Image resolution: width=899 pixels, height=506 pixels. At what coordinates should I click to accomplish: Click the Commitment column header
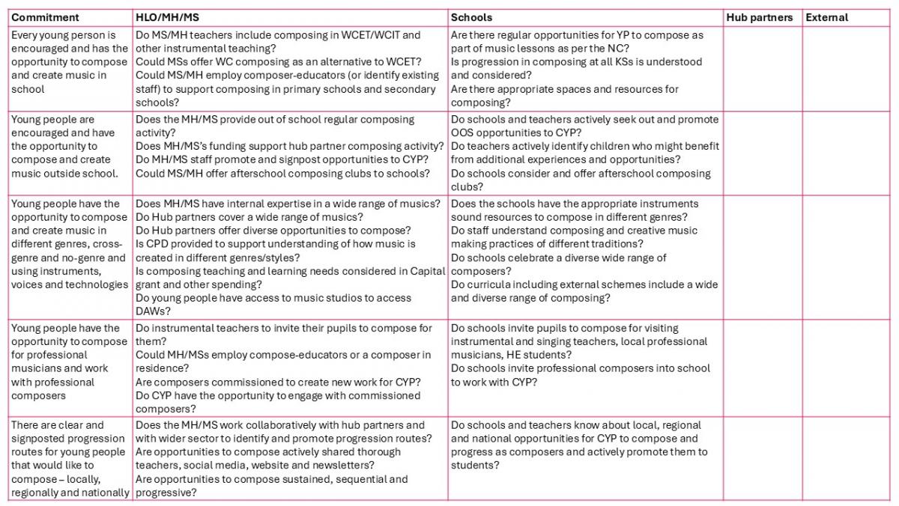pyautogui.click(x=46, y=17)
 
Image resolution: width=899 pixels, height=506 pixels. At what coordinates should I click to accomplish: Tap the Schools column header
pyautogui.click(x=472, y=17)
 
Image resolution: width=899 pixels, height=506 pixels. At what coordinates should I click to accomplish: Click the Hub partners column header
pyautogui.click(x=759, y=17)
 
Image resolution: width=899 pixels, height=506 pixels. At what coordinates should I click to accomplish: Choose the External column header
pyautogui.click(x=827, y=17)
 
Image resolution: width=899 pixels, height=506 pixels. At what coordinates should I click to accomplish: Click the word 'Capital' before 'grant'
pyautogui.click(x=428, y=271)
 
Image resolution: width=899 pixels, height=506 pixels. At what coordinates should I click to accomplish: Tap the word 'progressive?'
pyautogui.click(x=166, y=493)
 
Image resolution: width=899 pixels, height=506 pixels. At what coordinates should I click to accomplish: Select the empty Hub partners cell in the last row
pyautogui.click(x=762, y=459)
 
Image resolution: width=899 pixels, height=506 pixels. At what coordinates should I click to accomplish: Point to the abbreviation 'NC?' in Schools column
pyautogui.click(x=617, y=49)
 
